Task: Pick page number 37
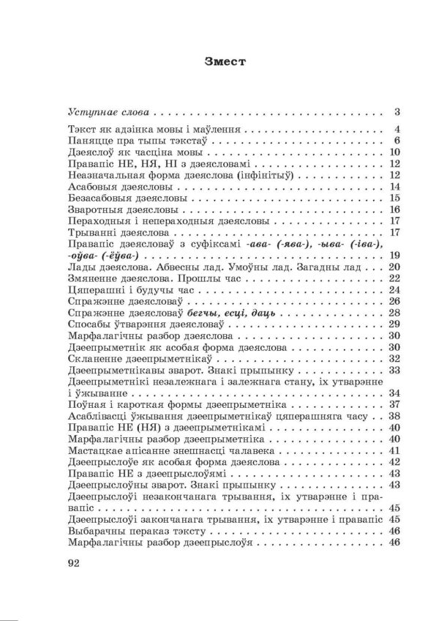click(393, 404)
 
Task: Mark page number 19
click(393, 256)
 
